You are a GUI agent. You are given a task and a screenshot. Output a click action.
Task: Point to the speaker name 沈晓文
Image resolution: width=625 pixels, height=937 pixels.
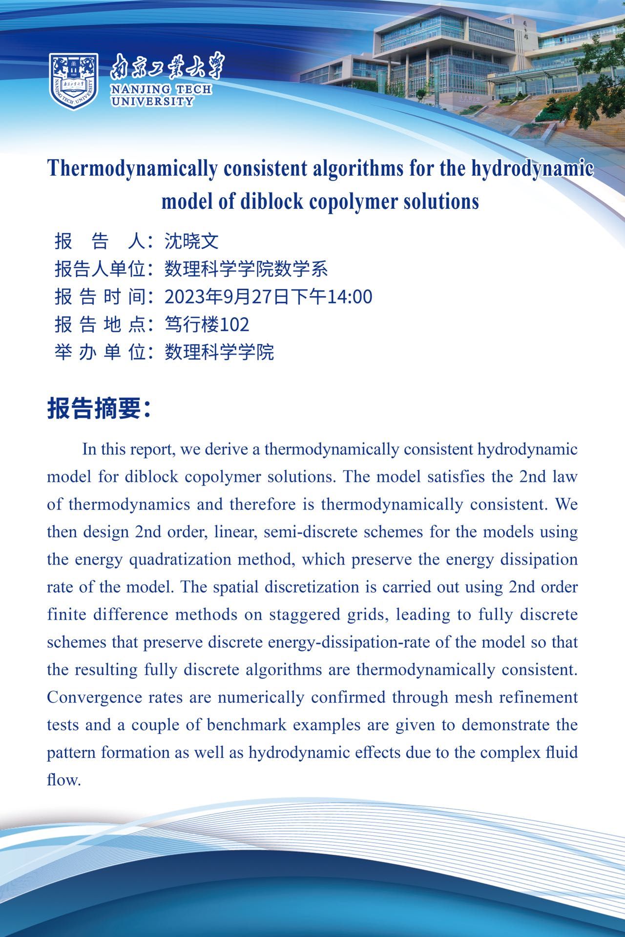(x=191, y=241)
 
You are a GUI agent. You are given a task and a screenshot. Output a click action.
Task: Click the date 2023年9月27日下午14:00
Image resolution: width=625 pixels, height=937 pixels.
(x=268, y=296)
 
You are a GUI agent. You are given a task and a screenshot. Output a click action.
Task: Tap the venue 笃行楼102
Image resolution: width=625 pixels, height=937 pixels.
(x=207, y=324)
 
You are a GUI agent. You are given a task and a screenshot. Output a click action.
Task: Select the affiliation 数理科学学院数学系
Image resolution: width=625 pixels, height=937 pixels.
(x=246, y=269)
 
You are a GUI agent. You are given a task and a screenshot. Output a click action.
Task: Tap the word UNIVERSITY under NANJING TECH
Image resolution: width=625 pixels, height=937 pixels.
(x=152, y=102)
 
